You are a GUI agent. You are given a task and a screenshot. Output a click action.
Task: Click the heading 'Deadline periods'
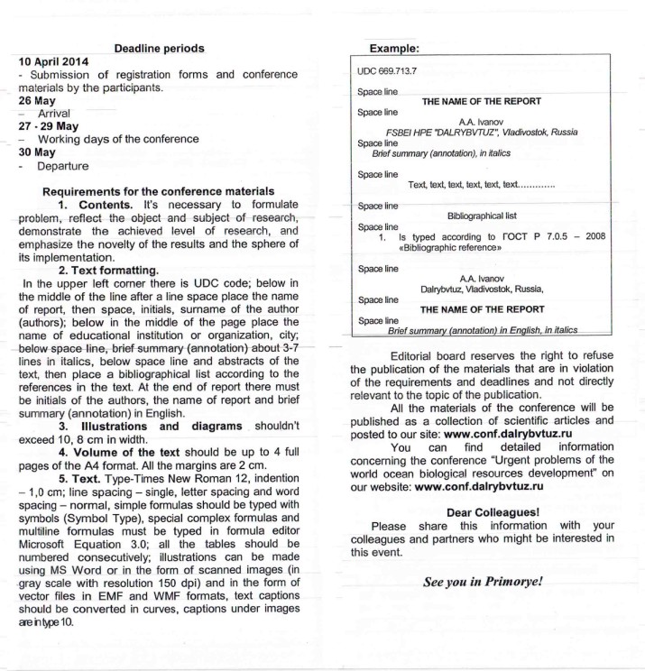pyautogui.click(x=159, y=49)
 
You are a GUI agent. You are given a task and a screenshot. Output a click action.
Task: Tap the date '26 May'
pyautogui.click(x=37, y=101)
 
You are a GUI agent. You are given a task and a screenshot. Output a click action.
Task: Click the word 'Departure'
pyautogui.click(x=66, y=166)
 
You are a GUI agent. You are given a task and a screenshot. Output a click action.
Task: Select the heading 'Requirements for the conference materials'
pyautogui.click(x=159, y=191)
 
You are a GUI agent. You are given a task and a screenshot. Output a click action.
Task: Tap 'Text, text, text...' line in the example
pyautogui.click(x=481, y=184)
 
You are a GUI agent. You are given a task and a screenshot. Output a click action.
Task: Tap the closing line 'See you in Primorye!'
pyautogui.click(x=483, y=582)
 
